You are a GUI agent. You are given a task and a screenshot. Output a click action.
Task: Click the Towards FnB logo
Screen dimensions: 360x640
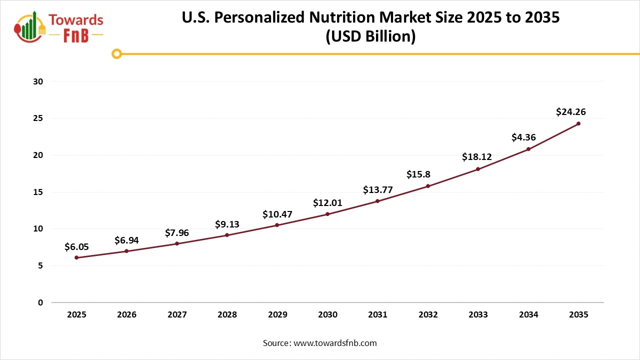click(59, 27)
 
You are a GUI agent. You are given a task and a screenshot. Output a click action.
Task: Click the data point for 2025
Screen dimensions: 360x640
click(76, 257)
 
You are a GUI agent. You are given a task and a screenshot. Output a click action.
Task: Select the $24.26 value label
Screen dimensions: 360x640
click(570, 112)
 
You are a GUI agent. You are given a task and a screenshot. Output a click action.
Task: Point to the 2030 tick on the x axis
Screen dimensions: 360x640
click(327, 315)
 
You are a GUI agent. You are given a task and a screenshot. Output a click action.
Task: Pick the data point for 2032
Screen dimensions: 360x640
click(428, 186)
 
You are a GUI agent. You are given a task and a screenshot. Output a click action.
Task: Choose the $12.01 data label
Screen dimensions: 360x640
click(327, 202)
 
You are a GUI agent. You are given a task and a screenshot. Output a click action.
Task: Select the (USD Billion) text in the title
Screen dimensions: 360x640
click(370, 37)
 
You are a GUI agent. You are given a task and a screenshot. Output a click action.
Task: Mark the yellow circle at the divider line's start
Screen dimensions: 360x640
click(116, 53)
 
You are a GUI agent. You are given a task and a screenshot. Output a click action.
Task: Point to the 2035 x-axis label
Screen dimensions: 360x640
click(578, 315)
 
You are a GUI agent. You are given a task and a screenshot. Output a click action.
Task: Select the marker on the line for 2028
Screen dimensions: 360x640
click(227, 235)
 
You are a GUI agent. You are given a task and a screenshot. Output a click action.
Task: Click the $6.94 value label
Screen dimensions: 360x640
click(126, 240)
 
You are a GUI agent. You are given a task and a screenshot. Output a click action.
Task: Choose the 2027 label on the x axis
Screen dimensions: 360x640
click(177, 315)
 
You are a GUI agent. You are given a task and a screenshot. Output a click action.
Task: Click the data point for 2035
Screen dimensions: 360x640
click(578, 123)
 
